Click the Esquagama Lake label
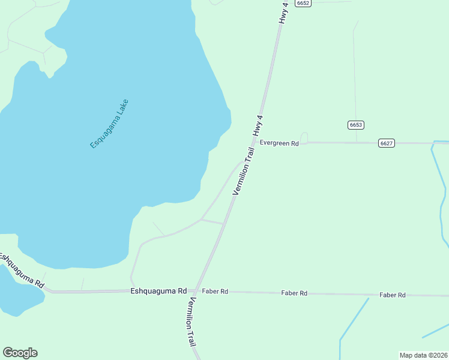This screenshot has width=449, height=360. pos(109,124)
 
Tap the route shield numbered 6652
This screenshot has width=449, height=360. pos(303,3)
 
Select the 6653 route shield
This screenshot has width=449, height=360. pos(356,125)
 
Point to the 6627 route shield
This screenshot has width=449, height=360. pos(387,143)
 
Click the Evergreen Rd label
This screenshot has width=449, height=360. pos(279,143)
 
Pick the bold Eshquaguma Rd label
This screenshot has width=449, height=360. pos(158,291)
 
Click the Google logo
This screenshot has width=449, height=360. pos(20,353)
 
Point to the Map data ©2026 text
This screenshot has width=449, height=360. pos(423,355)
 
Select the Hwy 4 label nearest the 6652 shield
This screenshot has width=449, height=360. pos(284,13)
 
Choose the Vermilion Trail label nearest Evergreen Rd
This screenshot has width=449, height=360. pos(244,171)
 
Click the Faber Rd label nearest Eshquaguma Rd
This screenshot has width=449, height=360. pos(215,292)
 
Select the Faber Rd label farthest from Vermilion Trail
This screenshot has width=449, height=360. pos(393,295)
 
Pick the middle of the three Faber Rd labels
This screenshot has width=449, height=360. pos(294,293)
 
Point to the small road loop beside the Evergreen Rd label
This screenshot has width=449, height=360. pos(304,138)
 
